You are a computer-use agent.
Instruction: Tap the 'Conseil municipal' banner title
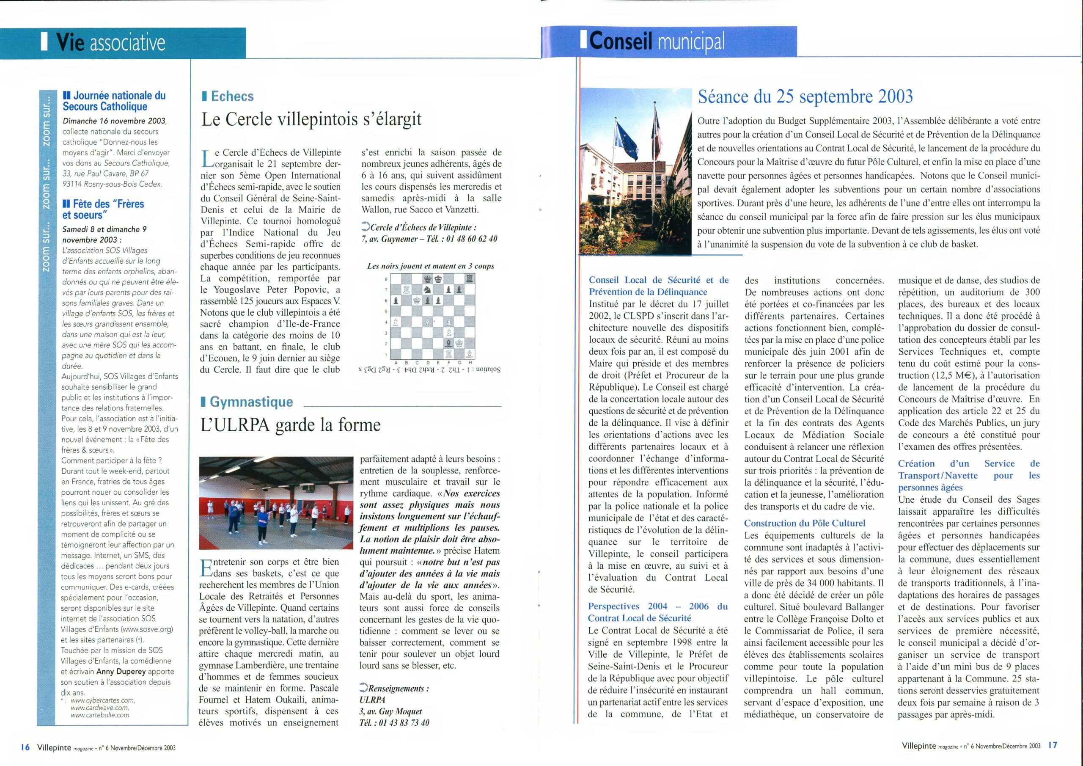tap(657, 41)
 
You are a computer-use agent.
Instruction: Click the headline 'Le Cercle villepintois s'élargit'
tap(311, 119)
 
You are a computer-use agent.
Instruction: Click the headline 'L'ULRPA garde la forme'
tap(291, 425)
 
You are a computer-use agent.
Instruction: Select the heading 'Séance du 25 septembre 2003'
tap(805, 97)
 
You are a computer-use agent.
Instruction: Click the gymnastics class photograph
tap(276, 503)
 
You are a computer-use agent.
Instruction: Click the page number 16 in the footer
tap(25, 747)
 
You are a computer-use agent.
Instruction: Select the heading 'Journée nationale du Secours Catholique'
tap(114, 101)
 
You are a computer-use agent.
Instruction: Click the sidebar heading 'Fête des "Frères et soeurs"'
tap(103, 209)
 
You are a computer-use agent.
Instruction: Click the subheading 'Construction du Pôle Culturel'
tap(805, 523)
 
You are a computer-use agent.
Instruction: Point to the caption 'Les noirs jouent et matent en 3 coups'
tap(431, 266)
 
